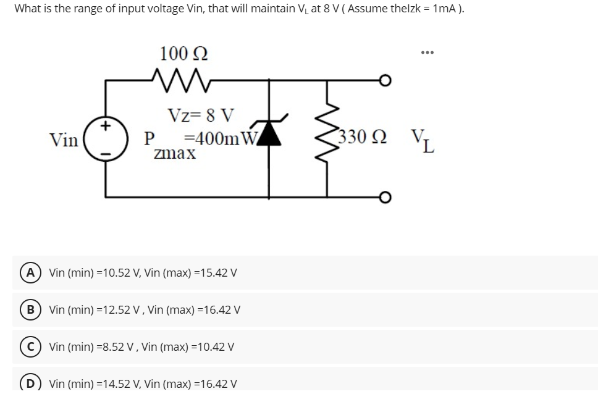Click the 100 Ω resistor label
[183, 53]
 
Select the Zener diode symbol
[269, 133]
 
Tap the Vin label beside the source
[64, 140]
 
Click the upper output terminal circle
[385, 82]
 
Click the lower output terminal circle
[385, 197]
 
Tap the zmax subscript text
[175, 153]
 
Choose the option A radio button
[29, 272]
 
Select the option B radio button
[29, 309]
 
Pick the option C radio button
[29, 346]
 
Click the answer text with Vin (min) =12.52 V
[145, 309]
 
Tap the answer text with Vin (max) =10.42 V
[141, 346]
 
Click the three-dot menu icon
[427, 53]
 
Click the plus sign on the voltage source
[106, 126]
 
